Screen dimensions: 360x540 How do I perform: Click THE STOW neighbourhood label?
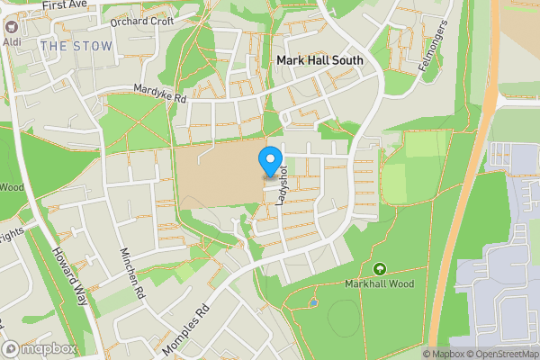coord(76,46)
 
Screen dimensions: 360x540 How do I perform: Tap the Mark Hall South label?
coord(319,60)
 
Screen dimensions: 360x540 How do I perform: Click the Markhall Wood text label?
coord(379,284)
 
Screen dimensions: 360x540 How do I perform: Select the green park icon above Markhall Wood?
coord(379,269)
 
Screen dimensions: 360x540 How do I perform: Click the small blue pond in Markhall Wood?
coord(312,302)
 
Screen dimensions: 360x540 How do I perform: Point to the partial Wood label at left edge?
coord(11,187)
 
